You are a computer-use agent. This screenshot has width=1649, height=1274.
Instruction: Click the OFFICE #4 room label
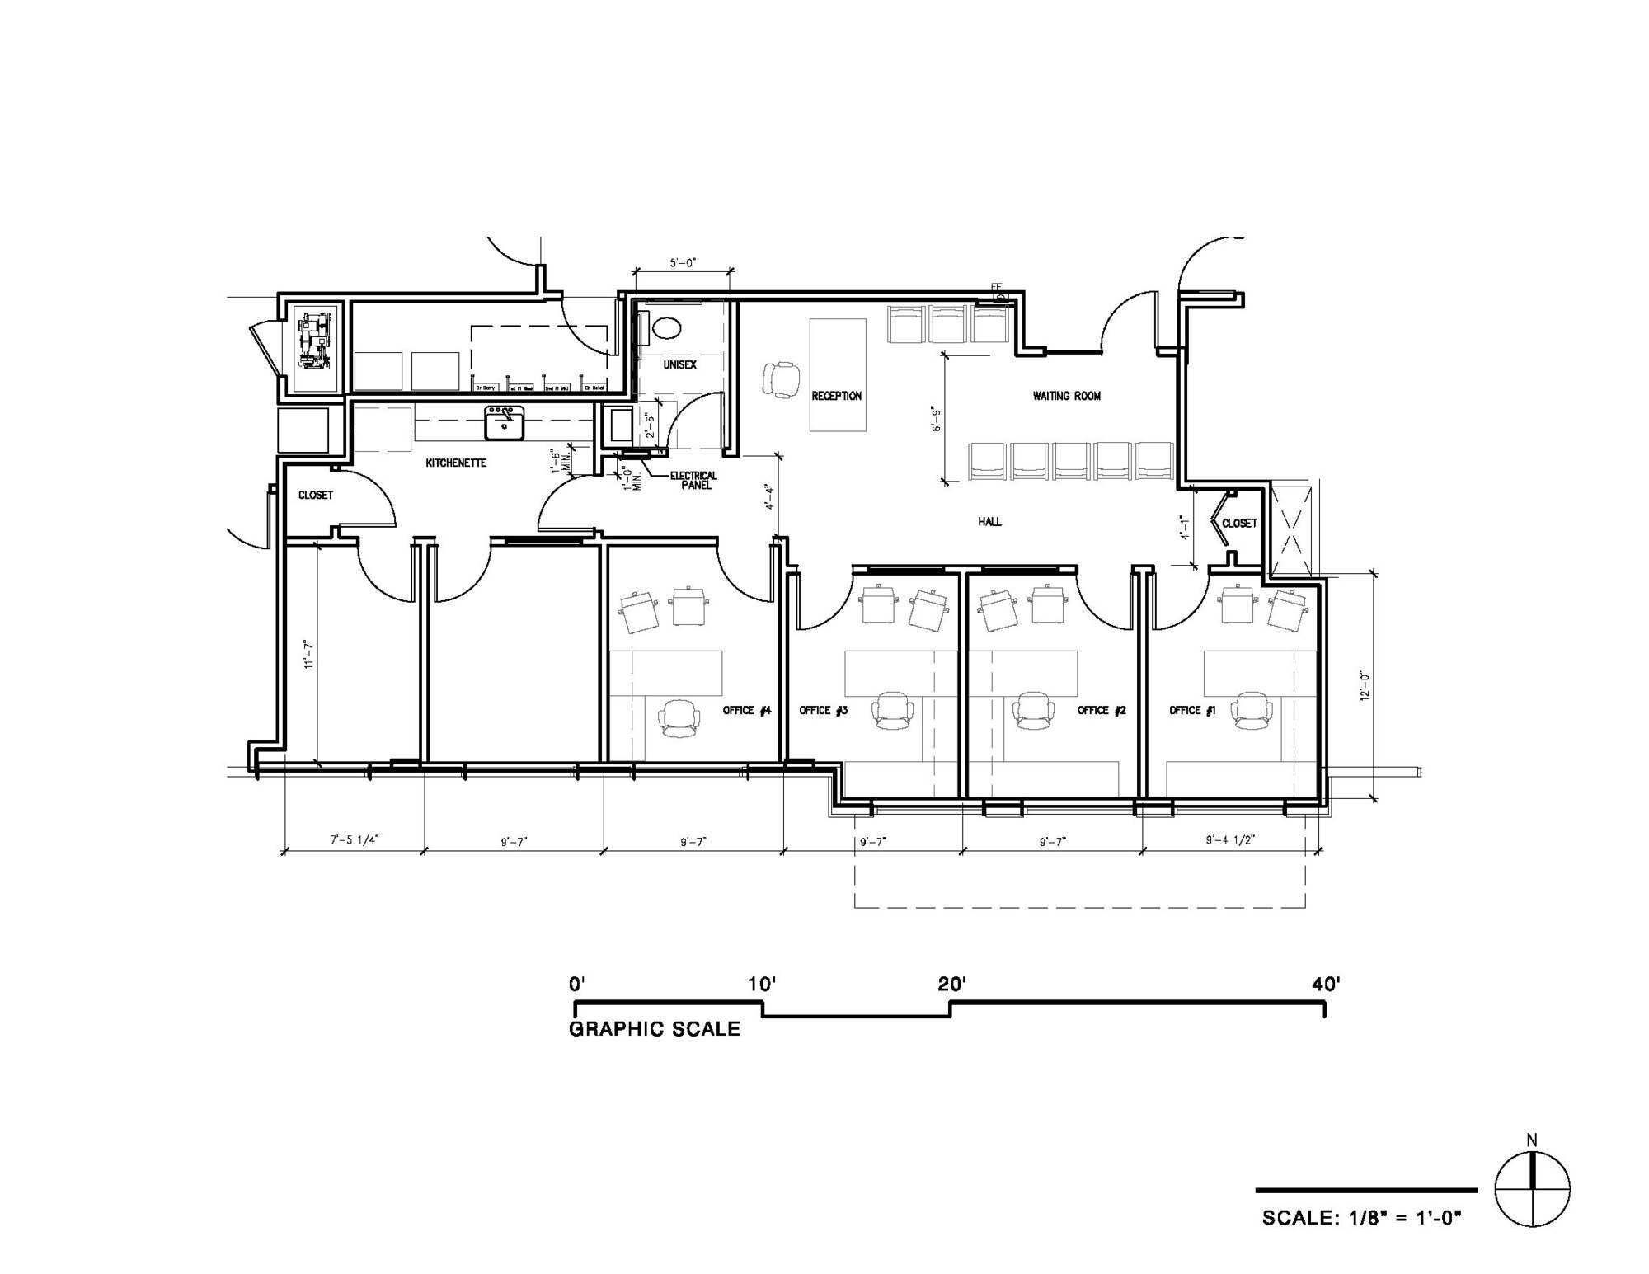pos(746,710)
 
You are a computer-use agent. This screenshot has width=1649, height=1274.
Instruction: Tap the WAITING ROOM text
pos(1066,396)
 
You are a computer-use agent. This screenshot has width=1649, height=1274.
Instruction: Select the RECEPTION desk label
pos(836,396)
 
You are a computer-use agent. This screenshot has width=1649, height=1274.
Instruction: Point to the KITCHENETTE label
pos(455,463)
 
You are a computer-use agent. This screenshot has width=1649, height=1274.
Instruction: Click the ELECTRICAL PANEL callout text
pos(693,481)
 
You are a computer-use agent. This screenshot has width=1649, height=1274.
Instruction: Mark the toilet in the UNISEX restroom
pos(666,328)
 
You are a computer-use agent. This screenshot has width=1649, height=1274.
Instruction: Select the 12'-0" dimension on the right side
pos(1365,686)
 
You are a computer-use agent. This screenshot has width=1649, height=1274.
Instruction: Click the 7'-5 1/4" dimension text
pos(355,840)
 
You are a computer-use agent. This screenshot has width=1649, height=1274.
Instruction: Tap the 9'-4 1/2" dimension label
pos(1229,840)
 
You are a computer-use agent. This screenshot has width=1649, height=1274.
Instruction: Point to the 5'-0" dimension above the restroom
pos(683,263)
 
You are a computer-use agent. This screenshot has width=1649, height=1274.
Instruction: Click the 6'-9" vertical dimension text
pos(935,418)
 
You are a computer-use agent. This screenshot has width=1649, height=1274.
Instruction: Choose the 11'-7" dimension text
pos(309,654)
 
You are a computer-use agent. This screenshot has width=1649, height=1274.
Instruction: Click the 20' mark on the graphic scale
pos(951,985)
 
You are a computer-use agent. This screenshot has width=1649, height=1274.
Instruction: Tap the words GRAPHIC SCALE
pos(655,1029)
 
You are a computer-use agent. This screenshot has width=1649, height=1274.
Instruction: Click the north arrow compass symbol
pos(1532,1189)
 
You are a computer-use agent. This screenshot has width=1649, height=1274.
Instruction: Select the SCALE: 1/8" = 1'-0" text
pos(1361,1218)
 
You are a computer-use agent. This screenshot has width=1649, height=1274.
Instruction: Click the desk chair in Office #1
pos(1250,710)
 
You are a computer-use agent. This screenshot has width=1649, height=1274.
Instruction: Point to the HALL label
pos(989,521)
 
